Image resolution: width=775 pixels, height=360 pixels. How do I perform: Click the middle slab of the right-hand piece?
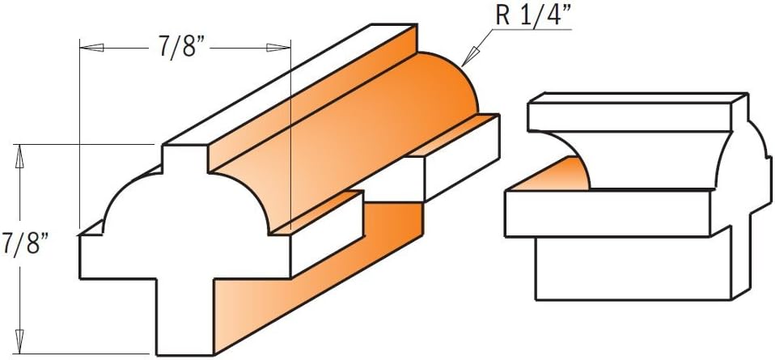coord(607,213)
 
